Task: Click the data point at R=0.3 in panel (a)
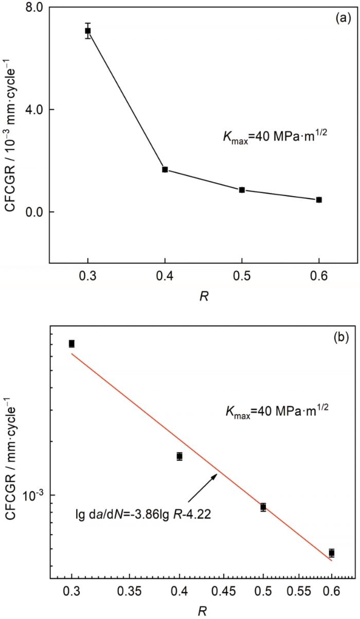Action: pyautogui.click(x=88, y=31)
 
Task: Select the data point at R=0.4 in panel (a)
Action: pyautogui.click(x=165, y=169)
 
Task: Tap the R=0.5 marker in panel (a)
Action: pyautogui.click(x=242, y=190)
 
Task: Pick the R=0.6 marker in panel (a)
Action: pyautogui.click(x=319, y=200)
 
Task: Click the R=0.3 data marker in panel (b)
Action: pyautogui.click(x=71, y=344)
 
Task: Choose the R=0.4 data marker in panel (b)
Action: pyautogui.click(x=179, y=456)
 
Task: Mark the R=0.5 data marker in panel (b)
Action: pyautogui.click(x=263, y=507)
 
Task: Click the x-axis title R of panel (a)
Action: pyautogui.click(x=203, y=297)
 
